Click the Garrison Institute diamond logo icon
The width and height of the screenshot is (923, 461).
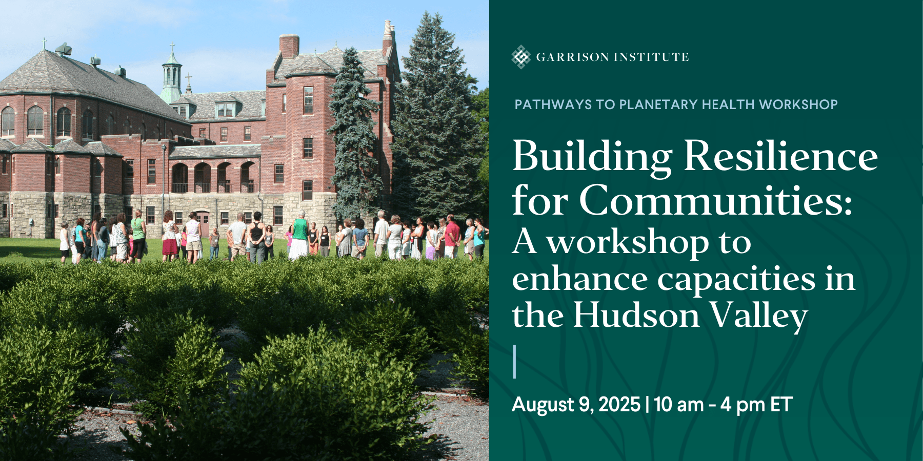521,57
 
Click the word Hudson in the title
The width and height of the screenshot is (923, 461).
636,315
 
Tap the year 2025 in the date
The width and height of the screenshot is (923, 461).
619,405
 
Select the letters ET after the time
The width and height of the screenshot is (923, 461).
781,405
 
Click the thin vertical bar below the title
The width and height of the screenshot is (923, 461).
514,362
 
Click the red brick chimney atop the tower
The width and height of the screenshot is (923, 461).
289,46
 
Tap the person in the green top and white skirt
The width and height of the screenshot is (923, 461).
298,236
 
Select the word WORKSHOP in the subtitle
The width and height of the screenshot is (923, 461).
798,104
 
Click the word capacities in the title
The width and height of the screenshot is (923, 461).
736,280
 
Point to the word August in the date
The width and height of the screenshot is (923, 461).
543,405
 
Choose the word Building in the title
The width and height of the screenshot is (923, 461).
592,158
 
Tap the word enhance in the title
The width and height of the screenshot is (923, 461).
580,279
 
